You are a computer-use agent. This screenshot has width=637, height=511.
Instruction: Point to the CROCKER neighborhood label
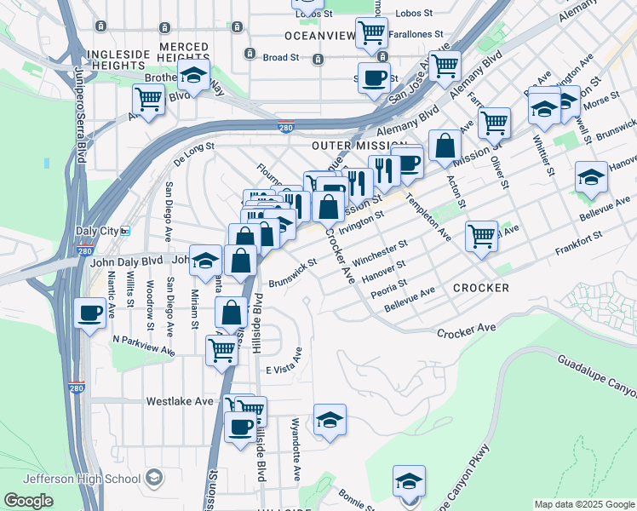[x=480, y=288]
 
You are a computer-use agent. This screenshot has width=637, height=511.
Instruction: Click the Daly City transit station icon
[x=125, y=232]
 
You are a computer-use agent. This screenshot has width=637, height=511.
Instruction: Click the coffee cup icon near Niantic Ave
[x=89, y=313]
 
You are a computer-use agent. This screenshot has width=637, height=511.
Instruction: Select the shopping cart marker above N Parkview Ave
[x=222, y=348]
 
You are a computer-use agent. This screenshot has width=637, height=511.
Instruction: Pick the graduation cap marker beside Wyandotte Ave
[x=330, y=419]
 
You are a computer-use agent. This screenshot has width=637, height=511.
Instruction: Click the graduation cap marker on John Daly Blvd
[x=205, y=261]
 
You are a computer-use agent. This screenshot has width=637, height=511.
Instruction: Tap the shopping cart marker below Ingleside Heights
[x=149, y=99]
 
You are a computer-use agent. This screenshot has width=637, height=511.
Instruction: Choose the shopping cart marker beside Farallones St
[x=371, y=32]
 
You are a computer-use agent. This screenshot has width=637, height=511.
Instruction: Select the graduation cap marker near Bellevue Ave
[x=591, y=177]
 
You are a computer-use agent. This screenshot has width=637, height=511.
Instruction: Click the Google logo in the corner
[x=29, y=501]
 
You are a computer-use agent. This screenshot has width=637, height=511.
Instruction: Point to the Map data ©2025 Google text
[x=583, y=504]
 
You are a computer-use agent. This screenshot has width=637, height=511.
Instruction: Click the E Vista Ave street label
[x=284, y=370]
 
